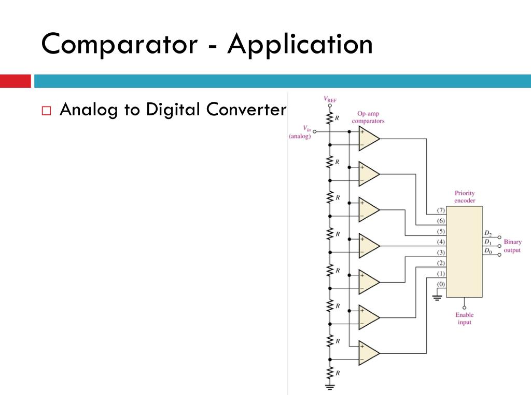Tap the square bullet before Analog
click(46, 111)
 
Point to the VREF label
click(330, 98)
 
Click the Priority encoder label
click(464, 197)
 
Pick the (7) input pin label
click(441, 210)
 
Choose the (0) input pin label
click(441, 284)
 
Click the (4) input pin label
click(441, 242)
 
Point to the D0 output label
click(487, 251)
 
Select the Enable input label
click(464, 318)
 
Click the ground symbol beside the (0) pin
click(437, 298)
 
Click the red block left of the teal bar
click(15, 81)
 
